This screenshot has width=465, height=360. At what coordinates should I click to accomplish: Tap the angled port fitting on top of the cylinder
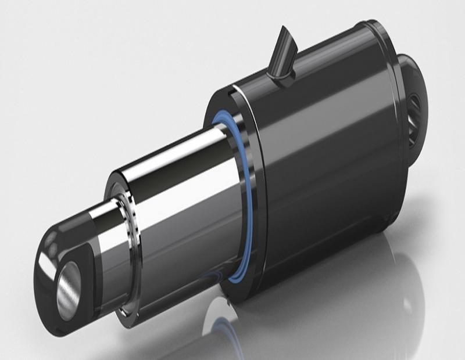pyautogui.click(x=283, y=55)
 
